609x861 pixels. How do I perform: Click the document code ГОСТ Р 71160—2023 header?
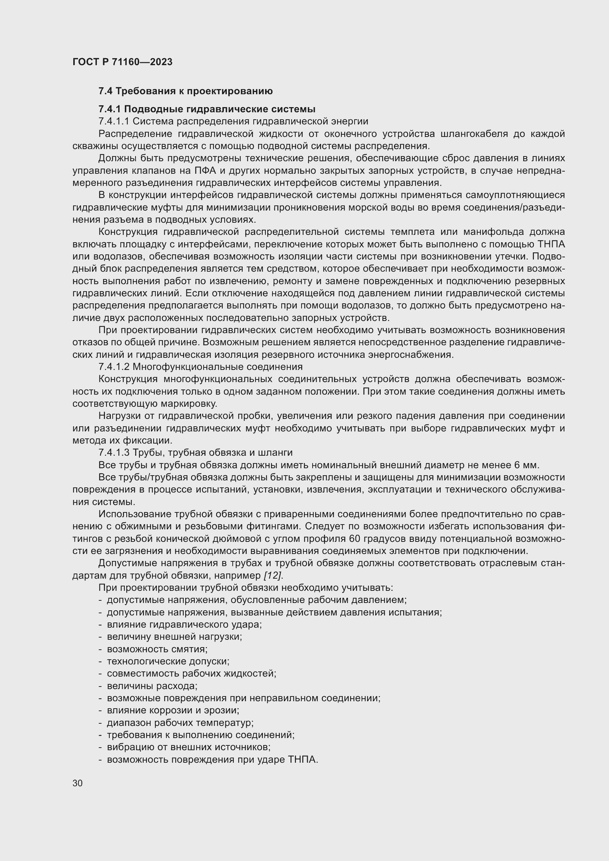122,62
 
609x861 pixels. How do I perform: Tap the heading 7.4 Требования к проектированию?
185,91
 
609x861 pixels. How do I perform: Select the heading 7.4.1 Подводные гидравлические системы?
207,109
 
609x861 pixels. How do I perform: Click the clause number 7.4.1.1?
114,121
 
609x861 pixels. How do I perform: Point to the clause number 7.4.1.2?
114,367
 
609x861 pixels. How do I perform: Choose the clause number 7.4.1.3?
114,453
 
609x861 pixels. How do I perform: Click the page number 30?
78,783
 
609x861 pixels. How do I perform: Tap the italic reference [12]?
272,576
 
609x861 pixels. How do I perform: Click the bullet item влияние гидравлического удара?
184,625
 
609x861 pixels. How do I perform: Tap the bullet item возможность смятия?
157,649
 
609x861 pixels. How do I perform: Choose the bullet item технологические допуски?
168,661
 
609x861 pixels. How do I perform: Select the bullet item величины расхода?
152,686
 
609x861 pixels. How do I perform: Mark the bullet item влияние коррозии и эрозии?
173,710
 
